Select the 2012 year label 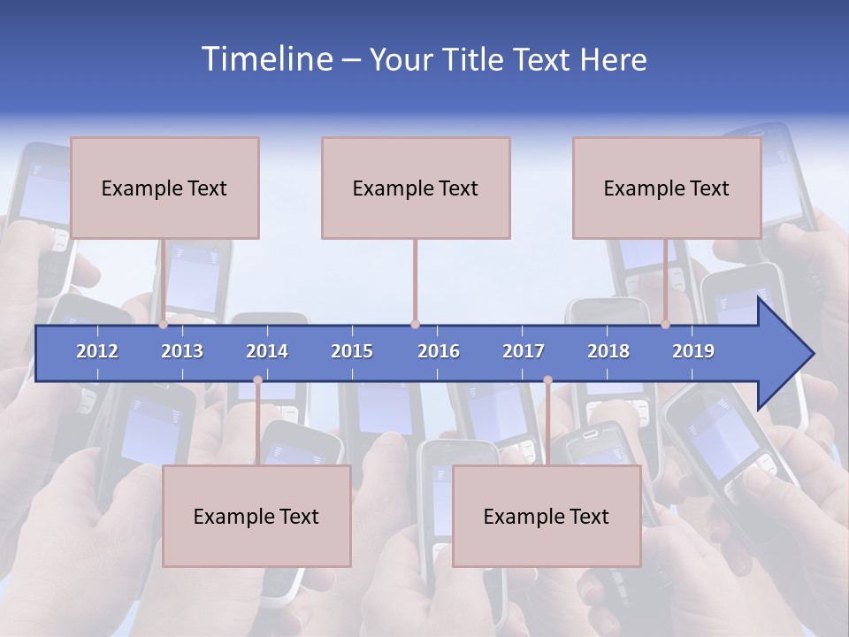click(x=97, y=351)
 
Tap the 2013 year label click(x=182, y=351)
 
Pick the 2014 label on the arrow click(x=267, y=351)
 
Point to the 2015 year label click(x=352, y=351)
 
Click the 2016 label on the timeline click(x=439, y=351)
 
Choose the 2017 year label click(x=524, y=351)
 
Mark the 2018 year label click(x=608, y=351)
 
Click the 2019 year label click(x=693, y=351)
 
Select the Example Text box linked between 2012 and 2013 click(x=164, y=188)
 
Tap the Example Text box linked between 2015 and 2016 click(x=416, y=188)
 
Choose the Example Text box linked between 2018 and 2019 click(x=667, y=188)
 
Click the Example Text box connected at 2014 click(x=256, y=516)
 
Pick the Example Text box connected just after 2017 click(x=547, y=516)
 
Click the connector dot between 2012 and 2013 click(x=163, y=325)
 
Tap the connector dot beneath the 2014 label click(x=257, y=380)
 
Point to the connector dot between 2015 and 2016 click(x=415, y=325)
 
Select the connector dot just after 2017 click(x=547, y=380)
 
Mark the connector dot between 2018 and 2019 click(x=665, y=325)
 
